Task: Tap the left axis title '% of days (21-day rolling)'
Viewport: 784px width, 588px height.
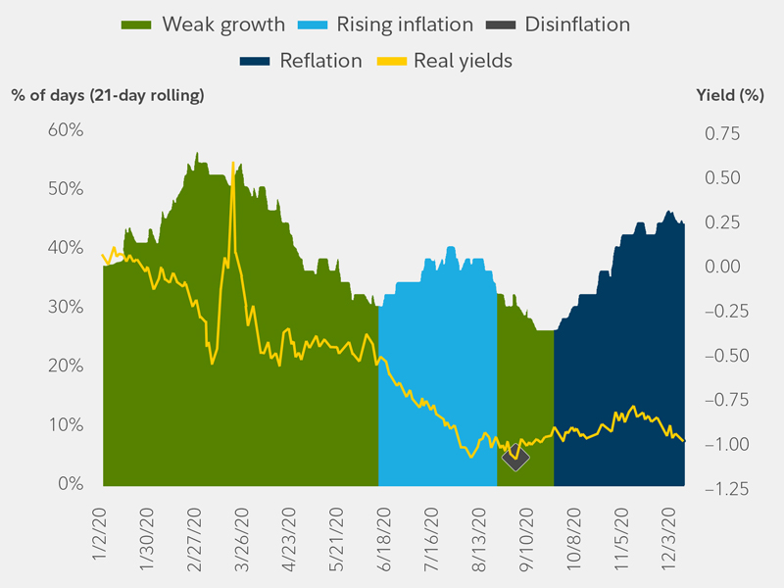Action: point(108,95)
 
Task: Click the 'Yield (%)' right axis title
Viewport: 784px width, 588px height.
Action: point(729,95)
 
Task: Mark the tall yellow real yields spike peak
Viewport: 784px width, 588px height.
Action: point(232,164)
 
